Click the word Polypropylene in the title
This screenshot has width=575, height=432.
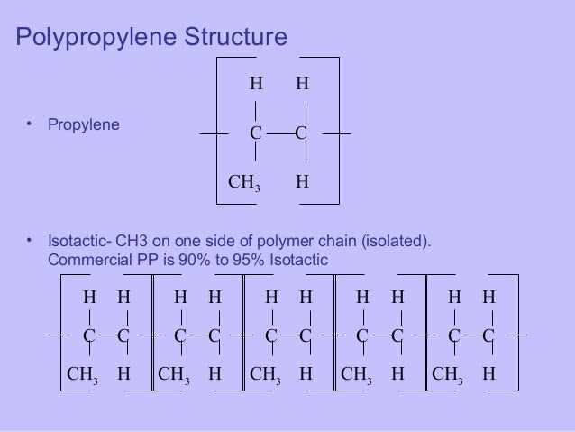[96, 38]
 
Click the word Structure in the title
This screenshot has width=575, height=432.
[236, 38]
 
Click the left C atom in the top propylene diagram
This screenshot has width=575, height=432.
[255, 133]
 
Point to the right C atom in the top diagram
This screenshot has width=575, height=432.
[301, 133]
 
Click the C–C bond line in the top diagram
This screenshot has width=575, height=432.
[278, 133]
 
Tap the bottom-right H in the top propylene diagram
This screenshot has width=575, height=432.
[302, 180]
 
